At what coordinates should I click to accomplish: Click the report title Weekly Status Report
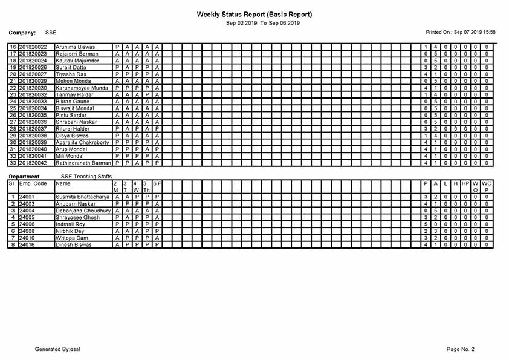tap(254, 15)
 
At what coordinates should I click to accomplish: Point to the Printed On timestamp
tap(461, 31)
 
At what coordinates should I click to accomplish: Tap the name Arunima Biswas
tap(75, 47)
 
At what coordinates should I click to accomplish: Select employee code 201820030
tap(33, 88)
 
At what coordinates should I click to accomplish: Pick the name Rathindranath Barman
tap(83, 163)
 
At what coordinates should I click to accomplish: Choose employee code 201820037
tap(33, 129)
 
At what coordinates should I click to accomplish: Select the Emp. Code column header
tap(33, 183)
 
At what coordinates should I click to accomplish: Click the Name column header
tap(62, 183)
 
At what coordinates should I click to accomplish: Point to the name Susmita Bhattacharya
tap(82, 197)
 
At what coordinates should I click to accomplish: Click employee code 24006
tap(27, 224)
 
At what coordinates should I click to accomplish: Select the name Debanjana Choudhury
tap(83, 211)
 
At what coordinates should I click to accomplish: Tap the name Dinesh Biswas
tap(75, 245)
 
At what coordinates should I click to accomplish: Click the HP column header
tap(465, 183)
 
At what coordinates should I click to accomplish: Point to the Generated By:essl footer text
tap(57, 349)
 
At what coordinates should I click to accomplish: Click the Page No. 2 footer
tap(460, 349)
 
